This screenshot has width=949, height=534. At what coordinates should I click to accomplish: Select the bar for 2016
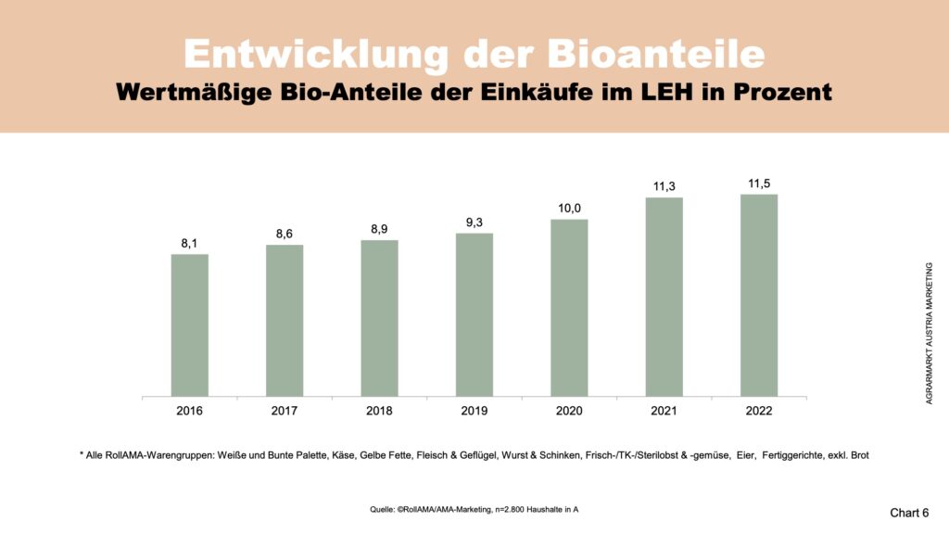click(189, 324)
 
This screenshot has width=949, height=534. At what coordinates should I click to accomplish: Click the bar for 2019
click(474, 314)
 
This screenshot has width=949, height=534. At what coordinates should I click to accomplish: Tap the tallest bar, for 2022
click(759, 295)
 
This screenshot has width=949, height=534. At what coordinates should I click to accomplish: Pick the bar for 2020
click(569, 307)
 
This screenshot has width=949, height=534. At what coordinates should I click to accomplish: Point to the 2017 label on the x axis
click(285, 411)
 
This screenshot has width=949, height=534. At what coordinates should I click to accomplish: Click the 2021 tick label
click(664, 411)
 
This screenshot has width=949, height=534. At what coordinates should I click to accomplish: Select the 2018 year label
click(379, 411)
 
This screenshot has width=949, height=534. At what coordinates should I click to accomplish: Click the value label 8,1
click(189, 244)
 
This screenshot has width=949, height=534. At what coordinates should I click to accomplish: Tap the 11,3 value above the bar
click(664, 186)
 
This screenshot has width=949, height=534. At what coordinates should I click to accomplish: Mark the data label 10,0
click(569, 209)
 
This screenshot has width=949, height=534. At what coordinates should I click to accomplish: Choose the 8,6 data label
click(285, 235)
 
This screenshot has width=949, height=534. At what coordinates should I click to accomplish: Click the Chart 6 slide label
click(909, 513)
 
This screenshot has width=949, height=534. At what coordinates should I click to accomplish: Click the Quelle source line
click(474, 510)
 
